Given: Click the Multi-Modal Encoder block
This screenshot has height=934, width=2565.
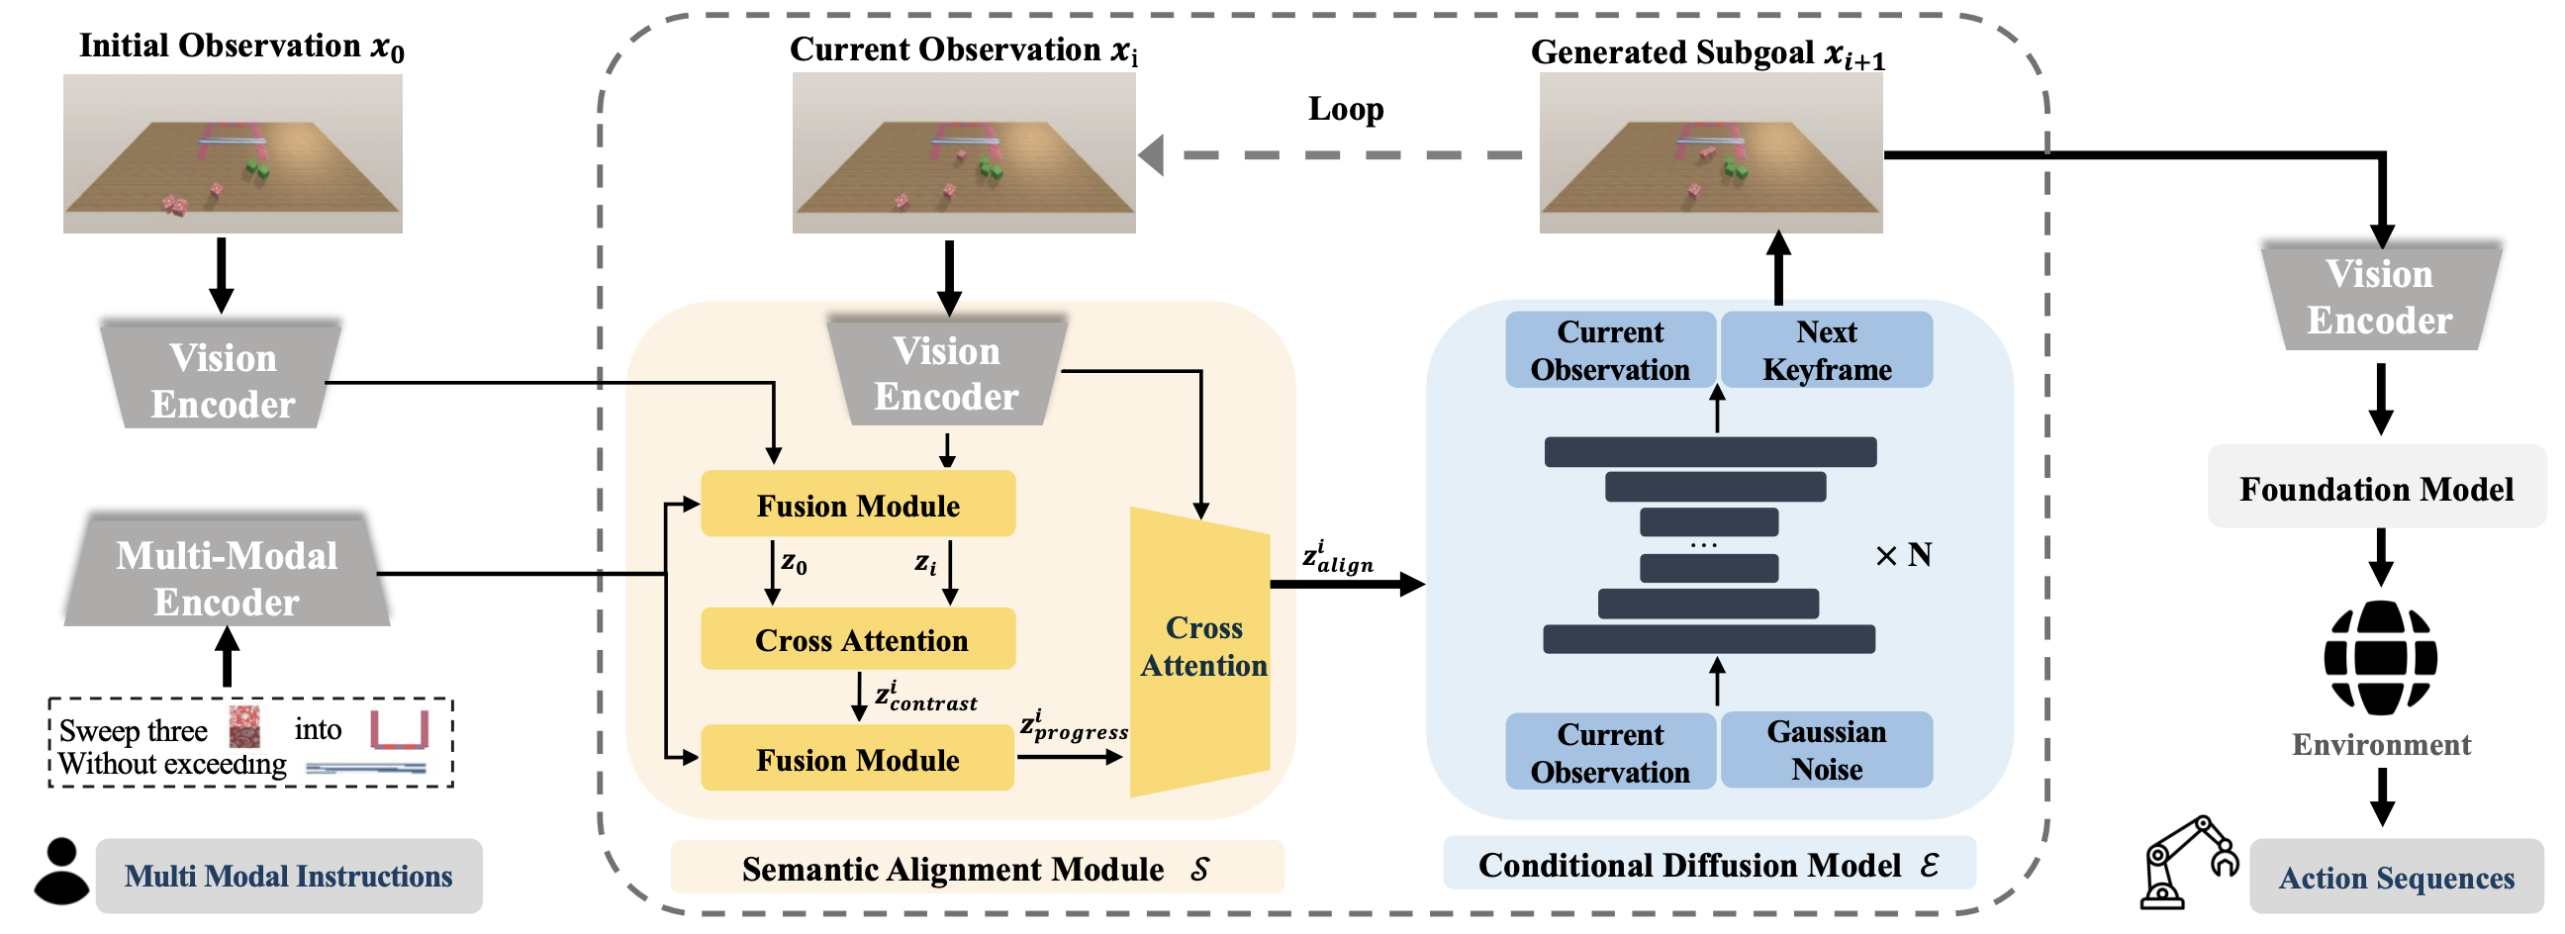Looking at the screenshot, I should [x=227, y=577].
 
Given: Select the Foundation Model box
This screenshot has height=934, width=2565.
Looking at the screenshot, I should [x=2376, y=489].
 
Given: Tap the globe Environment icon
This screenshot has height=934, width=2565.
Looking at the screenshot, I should [x=2380, y=657].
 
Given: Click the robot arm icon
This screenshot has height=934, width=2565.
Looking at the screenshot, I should [x=2189, y=862].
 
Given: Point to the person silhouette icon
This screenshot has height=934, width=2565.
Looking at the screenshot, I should [x=61, y=873].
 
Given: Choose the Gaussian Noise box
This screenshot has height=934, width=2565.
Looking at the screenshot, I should [x=1826, y=751].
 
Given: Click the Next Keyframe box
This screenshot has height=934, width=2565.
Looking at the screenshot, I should [x=1826, y=350].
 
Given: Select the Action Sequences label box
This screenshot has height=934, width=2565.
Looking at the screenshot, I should [x=2396, y=878].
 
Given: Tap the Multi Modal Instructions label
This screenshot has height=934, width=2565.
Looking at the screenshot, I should [x=288, y=877].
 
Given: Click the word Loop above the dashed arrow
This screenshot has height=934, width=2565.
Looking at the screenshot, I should [x=1345, y=109].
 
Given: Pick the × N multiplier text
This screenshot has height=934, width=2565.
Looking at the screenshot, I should [x=1903, y=555].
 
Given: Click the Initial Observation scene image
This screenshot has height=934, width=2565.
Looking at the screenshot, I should [x=233, y=154].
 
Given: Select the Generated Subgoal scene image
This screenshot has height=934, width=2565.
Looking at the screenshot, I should [x=1710, y=154].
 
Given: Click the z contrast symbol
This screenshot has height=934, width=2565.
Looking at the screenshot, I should [x=925, y=697].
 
